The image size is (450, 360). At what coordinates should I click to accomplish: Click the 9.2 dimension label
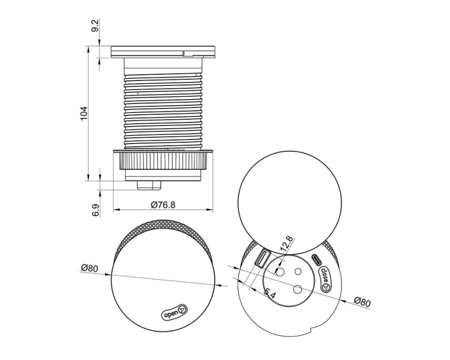(96, 26)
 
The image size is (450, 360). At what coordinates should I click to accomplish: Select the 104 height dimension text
(83, 114)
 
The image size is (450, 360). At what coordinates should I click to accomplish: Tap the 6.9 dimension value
(96, 210)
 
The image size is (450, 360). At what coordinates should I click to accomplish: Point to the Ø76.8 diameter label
(163, 205)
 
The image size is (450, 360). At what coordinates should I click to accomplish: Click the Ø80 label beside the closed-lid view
(89, 268)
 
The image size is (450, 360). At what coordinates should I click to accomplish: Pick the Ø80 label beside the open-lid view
(362, 301)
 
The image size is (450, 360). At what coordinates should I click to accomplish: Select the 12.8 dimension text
(286, 244)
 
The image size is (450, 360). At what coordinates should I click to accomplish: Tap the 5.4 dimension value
(269, 294)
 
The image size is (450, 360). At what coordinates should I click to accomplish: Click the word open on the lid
(171, 314)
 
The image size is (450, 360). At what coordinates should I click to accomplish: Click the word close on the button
(325, 275)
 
